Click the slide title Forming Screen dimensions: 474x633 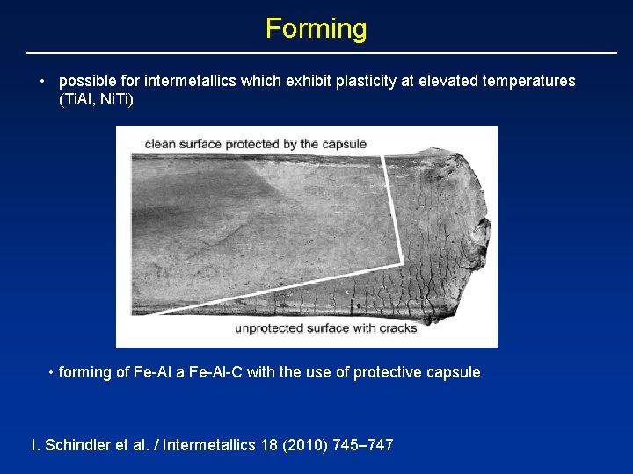316,28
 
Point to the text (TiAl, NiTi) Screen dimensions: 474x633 96,99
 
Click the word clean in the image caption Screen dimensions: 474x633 162,144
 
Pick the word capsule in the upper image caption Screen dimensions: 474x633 345,144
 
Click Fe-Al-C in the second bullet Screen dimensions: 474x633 215,372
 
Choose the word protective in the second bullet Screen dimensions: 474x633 388,372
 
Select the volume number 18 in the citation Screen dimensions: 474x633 269,445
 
